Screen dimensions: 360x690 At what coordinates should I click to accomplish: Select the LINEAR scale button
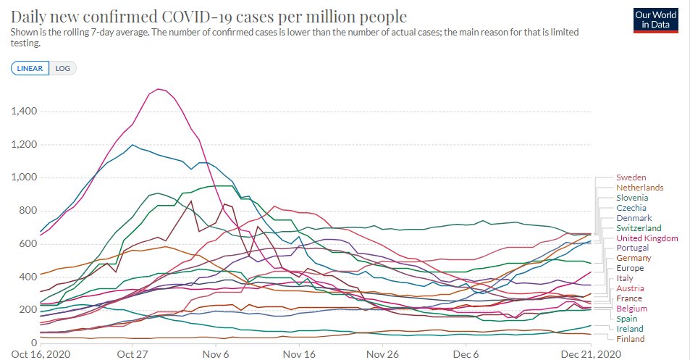(30, 69)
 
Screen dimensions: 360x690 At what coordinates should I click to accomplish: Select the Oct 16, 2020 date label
(41, 354)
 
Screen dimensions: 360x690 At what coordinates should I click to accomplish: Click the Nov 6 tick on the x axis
(216, 354)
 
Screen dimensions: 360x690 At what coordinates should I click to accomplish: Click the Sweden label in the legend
(631, 177)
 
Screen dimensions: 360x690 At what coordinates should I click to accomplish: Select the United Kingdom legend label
(647, 238)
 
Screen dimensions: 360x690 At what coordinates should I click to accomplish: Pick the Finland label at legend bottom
(630, 338)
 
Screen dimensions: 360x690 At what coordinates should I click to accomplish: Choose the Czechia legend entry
(631, 208)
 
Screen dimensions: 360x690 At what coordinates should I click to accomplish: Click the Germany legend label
(634, 258)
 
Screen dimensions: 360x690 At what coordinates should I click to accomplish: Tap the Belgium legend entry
(631, 309)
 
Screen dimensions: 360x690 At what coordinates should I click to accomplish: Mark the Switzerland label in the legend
(638, 228)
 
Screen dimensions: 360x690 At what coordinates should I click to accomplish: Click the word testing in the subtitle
(25, 43)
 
